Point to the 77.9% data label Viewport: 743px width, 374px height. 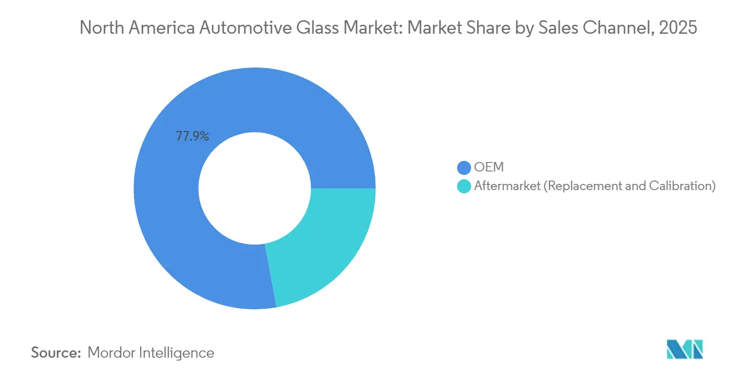(x=193, y=136)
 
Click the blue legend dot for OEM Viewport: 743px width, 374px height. (x=464, y=168)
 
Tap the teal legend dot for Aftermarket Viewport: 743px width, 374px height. (x=464, y=186)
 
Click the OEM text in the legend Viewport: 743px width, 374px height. (x=489, y=168)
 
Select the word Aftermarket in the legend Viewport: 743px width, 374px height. (x=506, y=186)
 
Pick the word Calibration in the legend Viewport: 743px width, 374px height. (x=681, y=186)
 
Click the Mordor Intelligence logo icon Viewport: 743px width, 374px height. (x=684, y=350)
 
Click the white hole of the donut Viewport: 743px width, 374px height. (x=254, y=188)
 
